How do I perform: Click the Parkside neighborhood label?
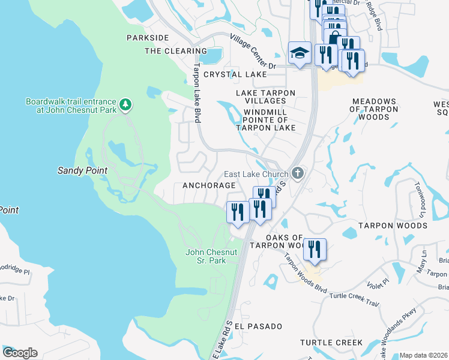point(148,38)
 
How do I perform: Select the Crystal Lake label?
point(235,74)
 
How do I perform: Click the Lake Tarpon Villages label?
point(265,97)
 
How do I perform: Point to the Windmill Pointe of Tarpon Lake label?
point(266,119)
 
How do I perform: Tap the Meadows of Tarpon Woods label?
point(374,109)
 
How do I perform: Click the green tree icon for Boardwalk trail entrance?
point(125,106)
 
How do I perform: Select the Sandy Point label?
point(82,170)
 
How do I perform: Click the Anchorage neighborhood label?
point(205,185)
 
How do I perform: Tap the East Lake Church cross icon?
point(298,174)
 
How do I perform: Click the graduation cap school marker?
point(299,53)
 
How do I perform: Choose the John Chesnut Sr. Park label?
point(205,256)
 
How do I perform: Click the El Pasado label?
point(258,326)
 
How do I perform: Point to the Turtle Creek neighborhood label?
point(331,343)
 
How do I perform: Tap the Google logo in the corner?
point(20,352)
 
